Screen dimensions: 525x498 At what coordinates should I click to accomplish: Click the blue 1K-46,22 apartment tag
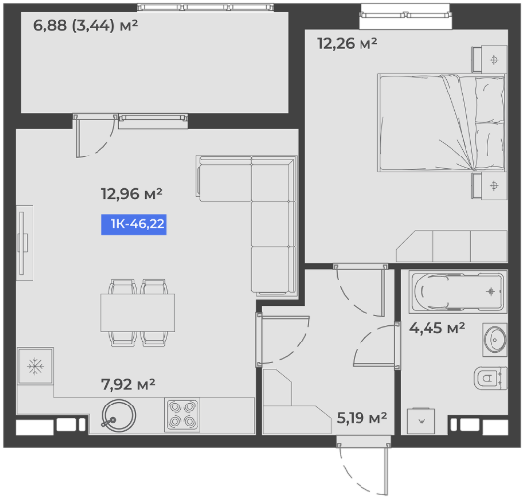tap(134, 224)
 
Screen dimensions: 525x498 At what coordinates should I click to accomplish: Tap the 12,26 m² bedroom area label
tap(348, 44)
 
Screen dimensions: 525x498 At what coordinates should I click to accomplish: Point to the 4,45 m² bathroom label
tap(436, 328)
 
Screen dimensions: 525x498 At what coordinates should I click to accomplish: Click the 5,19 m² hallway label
tap(361, 417)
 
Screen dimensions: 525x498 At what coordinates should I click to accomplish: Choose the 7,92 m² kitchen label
tap(128, 384)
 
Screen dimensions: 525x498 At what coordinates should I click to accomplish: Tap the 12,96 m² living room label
tap(132, 194)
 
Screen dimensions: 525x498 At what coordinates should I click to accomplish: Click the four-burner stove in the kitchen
tap(182, 415)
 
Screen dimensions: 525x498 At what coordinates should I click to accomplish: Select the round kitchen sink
tap(118, 415)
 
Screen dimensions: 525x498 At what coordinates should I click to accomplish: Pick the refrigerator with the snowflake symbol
tap(35, 366)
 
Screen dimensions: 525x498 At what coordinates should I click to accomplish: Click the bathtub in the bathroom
tap(458, 292)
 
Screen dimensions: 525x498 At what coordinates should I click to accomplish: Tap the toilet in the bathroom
tap(491, 378)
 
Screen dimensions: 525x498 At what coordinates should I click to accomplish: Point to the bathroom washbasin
tap(494, 340)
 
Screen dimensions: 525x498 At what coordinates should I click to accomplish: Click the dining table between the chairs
tap(138, 313)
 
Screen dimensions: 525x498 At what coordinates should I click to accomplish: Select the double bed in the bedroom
tap(441, 123)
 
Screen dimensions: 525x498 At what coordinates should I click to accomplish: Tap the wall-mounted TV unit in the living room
tap(24, 243)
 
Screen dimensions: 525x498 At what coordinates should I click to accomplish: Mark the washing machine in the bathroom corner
tap(422, 421)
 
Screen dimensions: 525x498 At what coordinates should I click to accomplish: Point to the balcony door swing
tap(96, 137)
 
